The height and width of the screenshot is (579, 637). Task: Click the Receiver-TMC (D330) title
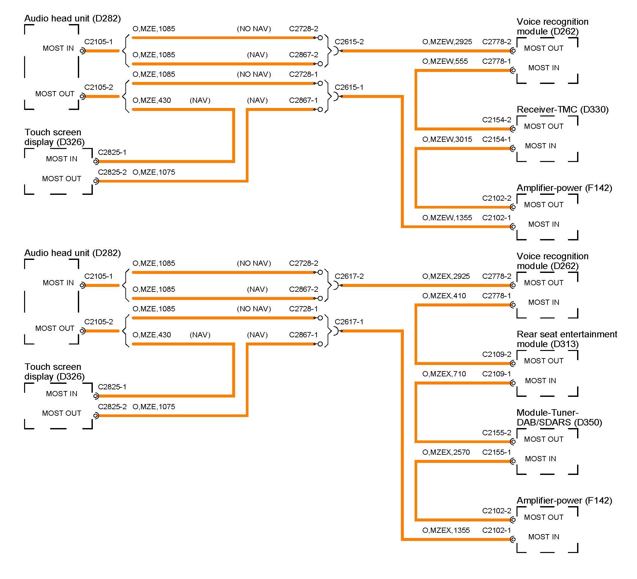click(x=562, y=110)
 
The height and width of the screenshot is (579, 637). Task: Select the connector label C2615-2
click(x=349, y=42)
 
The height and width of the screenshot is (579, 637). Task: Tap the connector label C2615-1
click(x=349, y=87)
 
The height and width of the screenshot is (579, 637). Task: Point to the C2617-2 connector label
click(x=349, y=276)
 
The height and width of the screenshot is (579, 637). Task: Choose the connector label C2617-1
click(x=349, y=322)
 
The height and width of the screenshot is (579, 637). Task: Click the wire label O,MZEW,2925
click(x=447, y=42)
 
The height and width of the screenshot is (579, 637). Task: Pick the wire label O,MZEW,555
click(x=445, y=61)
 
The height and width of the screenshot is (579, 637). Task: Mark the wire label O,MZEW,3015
click(x=447, y=139)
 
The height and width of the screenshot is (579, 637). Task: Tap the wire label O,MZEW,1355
click(x=447, y=218)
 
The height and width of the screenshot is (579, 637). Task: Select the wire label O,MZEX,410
click(x=444, y=296)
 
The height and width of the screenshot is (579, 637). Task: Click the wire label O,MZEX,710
click(x=444, y=374)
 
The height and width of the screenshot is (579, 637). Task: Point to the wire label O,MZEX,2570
click(x=446, y=452)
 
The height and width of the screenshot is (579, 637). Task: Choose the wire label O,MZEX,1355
click(x=446, y=530)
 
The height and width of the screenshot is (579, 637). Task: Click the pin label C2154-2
click(x=497, y=120)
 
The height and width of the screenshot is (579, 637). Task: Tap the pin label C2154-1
click(x=497, y=139)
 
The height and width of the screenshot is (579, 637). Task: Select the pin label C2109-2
click(x=497, y=354)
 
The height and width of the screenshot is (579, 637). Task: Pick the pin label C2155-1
click(x=497, y=452)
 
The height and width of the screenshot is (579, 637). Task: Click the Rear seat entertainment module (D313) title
click(x=567, y=339)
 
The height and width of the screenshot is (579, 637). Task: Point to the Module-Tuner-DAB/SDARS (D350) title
click(x=559, y=417)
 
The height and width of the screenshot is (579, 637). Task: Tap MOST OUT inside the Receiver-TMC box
click(x=544, y=126)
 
